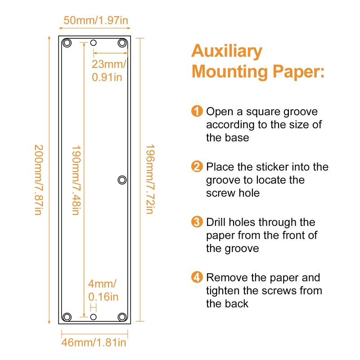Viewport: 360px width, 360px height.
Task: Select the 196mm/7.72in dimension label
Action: click(150, 179)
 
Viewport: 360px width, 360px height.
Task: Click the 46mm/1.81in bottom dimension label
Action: click(94, 343)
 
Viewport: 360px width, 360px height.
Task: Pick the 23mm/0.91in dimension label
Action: click(108, 70)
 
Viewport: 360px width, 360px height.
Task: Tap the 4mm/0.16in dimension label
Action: click(103, 290)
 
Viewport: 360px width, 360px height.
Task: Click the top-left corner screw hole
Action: click(67, 43)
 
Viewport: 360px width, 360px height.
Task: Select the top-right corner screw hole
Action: click(122, 43)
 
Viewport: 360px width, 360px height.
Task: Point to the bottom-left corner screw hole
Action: click(67, 317)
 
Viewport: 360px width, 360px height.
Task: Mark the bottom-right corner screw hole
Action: click(122, 317)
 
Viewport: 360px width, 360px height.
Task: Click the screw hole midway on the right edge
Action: click(122, 180)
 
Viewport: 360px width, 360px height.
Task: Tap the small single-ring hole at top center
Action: click(94, 43)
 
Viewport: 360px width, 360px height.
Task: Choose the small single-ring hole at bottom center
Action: click(94, 317)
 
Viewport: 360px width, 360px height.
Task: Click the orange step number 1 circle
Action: click(197, 111)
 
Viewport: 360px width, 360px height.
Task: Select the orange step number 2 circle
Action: click(197, 167)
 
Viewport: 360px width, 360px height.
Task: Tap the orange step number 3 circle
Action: click(197, 222)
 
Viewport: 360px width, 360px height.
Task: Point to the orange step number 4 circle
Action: click(197, 277)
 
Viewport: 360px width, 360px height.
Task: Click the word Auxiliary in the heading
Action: click(227, 51)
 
